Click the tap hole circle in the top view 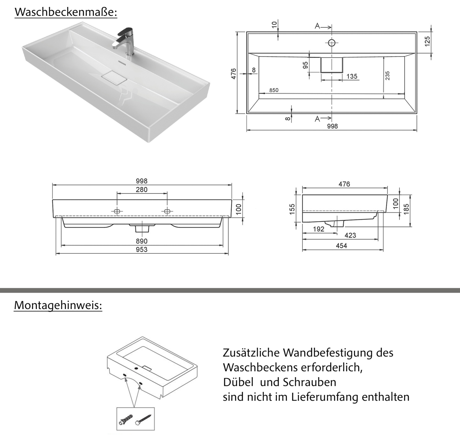[x=331, y=43]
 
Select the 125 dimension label [x=427, y=41]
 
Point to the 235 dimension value [x=387, y=76]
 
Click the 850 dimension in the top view [x=273, y=90]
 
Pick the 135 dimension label [x=352, y=76]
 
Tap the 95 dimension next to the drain [x=305, y=65]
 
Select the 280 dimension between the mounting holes [x=142, y=190]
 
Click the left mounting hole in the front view [x=117, y=211]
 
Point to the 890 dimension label [x=142, y=241]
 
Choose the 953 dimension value [x=142, y=250]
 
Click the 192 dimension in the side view [x=318, y=229]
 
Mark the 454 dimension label [x=341, y=246]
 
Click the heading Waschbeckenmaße [x=66, y=12]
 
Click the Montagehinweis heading [x=58, y=305]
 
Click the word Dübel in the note [x=238, y=382]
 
